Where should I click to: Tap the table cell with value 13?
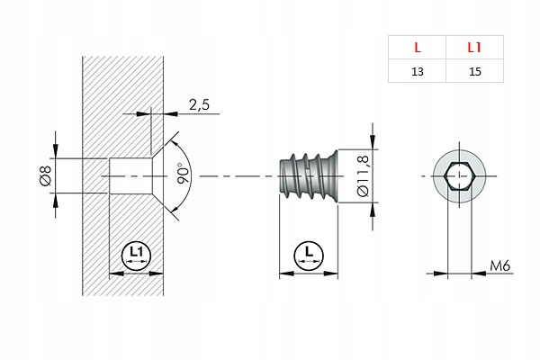click(x=416, y=70)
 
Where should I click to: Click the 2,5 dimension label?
click(x=199, y=105)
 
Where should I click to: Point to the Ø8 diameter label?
click(x=46, y=175)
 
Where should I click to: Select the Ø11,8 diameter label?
click(x=363, y=175)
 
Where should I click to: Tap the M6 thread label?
click(x=502, y=265)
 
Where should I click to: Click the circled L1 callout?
click(x=137, y=255)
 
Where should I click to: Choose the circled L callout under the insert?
click(x=309, y=255)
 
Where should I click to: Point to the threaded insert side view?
click(x=307, y=175)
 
